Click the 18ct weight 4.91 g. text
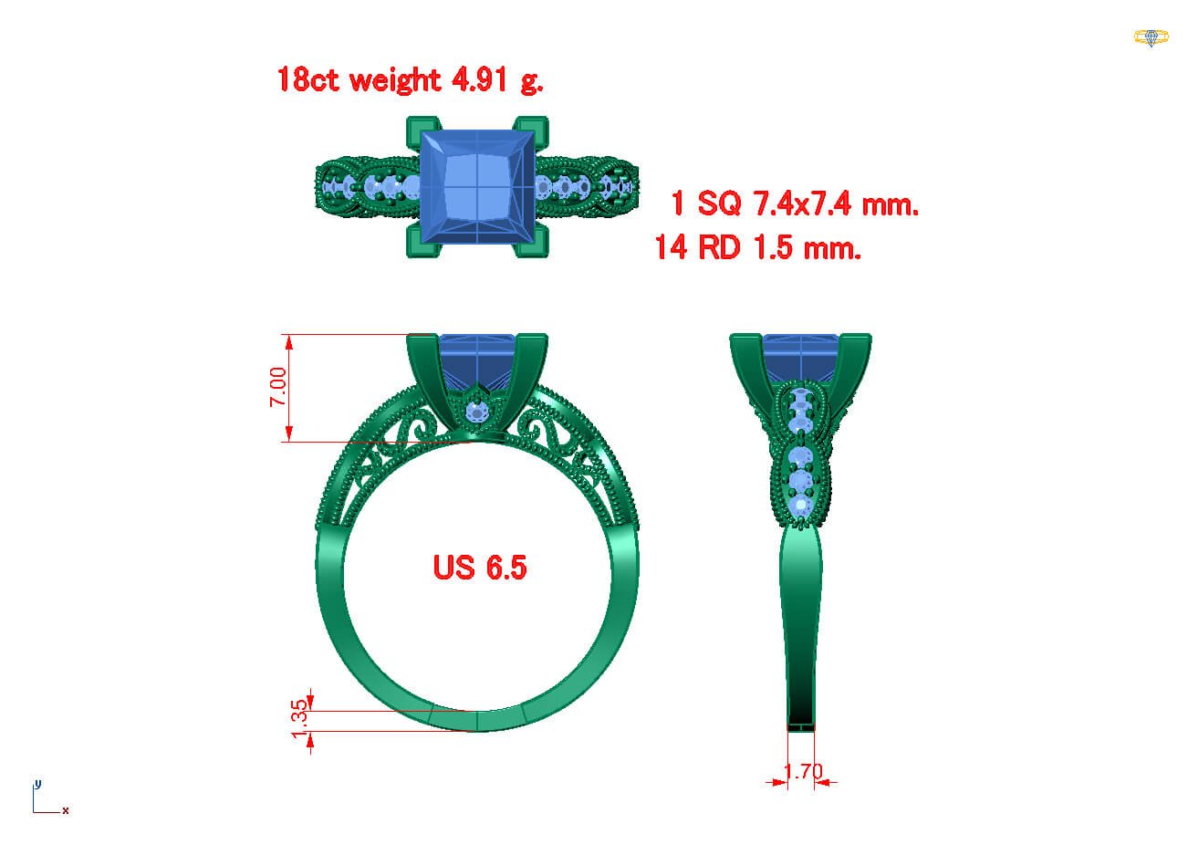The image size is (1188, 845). click(x=410, y=80)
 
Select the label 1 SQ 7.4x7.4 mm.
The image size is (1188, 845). click(x=795, y=203)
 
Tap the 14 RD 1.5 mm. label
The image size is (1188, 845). click(x=758, y=247)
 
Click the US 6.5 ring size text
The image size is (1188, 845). click(x=480, y=568)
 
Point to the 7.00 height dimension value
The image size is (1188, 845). click(x=278, y=387)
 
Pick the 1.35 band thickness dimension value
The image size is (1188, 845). click(x=299, y=719)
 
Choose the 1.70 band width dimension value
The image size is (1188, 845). click(x=803, y=771)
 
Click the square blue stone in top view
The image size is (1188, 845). click(x=477, y=187)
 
